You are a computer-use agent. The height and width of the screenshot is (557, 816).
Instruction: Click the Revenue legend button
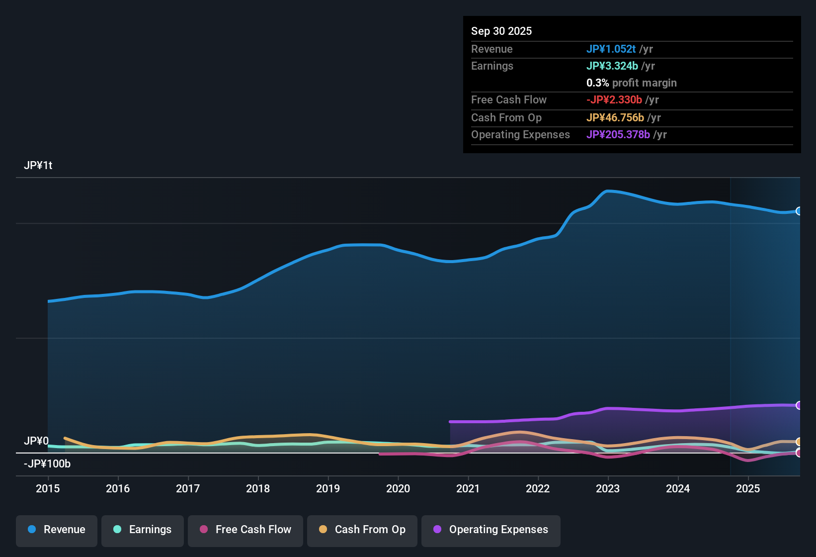(57, 530)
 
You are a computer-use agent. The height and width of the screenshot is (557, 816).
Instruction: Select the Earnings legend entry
(143, 530)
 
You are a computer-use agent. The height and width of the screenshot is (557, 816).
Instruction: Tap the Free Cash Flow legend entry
(245, 530)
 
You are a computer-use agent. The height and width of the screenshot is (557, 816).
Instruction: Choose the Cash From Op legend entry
(362, 530)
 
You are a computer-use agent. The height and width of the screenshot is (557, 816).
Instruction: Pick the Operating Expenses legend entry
(491, 530)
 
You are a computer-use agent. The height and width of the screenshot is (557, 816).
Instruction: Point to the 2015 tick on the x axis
(48, 488)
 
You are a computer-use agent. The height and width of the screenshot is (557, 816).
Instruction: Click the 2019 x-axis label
(328, 488)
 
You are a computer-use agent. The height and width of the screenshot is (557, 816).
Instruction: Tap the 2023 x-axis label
(608, 488)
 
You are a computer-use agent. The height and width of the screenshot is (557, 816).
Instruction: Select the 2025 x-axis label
(748, 488)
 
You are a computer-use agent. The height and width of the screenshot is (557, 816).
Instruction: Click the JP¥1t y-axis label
(38, 166)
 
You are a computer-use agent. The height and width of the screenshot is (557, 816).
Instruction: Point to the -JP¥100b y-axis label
(47, 464)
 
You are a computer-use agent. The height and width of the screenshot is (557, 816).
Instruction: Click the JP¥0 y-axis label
(36, 441)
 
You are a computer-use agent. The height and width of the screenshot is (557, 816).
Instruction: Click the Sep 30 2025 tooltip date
(501, 31)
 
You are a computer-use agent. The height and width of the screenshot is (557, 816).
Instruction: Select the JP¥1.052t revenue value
(611, 49)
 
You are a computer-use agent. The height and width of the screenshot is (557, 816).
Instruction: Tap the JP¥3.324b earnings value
(612, 66)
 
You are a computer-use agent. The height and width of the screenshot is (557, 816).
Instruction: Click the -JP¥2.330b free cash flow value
(614, 99)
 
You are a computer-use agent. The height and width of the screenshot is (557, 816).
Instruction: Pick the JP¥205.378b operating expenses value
(618, 134)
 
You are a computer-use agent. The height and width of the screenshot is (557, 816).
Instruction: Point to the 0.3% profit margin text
(631, 83)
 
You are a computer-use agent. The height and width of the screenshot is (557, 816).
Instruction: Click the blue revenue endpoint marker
(799, 211)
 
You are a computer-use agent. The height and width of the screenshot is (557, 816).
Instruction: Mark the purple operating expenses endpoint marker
(799, 405)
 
